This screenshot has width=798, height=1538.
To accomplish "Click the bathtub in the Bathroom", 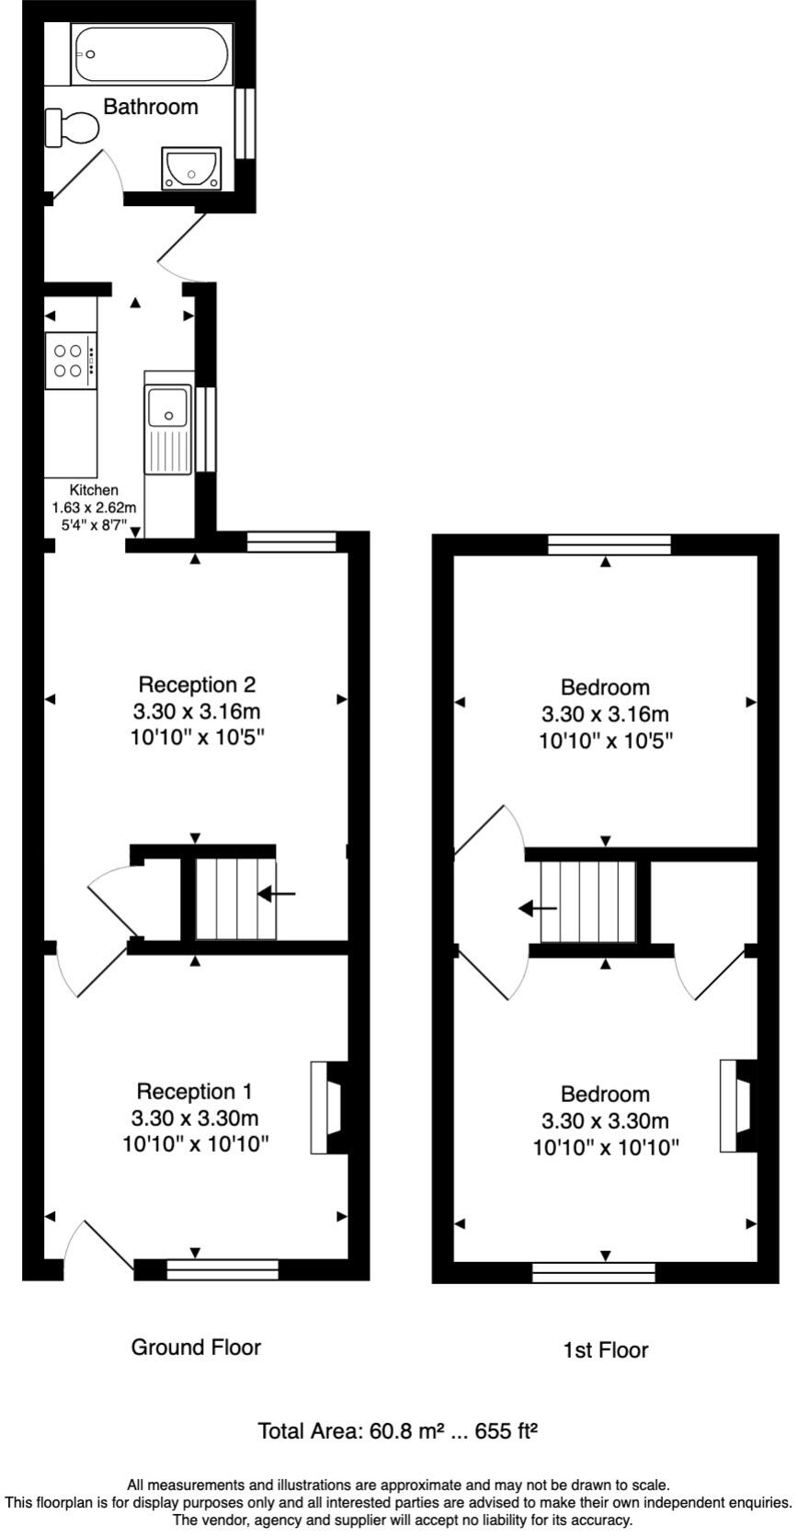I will [x=152, y=55].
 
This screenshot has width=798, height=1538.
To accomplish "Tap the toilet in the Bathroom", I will [x=72, y=128].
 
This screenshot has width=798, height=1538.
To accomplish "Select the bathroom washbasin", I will [x=191, y=168].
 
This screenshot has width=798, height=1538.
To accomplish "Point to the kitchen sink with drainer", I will [x=167, y=428].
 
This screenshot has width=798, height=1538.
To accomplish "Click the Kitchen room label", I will [x=94, y=490].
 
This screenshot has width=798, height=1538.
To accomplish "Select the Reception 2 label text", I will [x=197, y=684].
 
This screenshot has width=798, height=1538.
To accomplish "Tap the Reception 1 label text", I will [x=193, y=1091].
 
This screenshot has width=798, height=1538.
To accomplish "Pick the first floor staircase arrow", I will [x=538, y=909].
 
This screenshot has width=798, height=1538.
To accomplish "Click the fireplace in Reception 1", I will [x=328, y=1108].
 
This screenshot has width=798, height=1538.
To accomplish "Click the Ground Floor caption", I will [x=196, y=1348].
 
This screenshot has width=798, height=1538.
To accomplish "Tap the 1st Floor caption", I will [x=605, y=1350].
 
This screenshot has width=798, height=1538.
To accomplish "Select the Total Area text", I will [x=397, y=1431].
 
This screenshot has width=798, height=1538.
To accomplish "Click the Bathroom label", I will [x=150, y=107].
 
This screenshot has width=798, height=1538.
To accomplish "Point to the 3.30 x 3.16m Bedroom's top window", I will [x=609, y=545].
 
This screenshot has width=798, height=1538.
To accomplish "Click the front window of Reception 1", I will [x=222, y=1270].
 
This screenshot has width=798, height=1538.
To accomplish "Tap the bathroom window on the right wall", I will [x=245, y=123].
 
